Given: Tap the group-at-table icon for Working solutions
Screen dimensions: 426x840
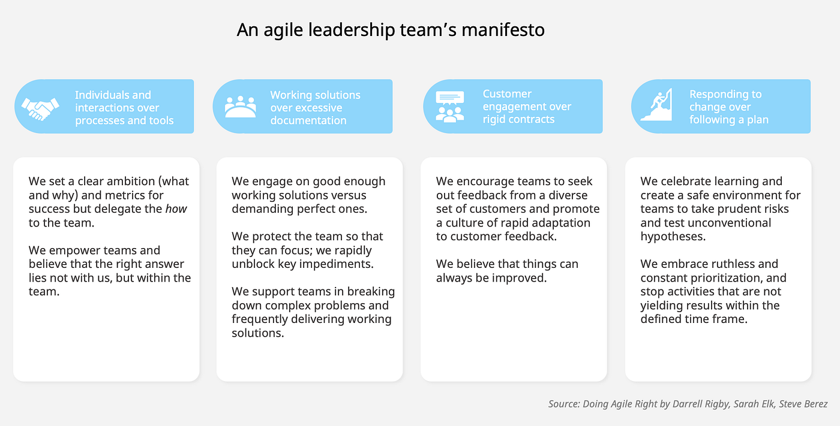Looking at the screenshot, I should pyautogui.click(x=240, y=107).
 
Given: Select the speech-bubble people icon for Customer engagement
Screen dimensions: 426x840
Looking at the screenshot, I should pyautogui.click(x=450, y=107).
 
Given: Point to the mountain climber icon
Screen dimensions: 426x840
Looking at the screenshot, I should pyautogui.click(x=656, y=105).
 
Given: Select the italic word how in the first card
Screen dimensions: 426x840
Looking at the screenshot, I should pyautogui.click(x=176, y=209).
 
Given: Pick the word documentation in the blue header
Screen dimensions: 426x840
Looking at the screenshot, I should pyautogui.click(x=308, y=120).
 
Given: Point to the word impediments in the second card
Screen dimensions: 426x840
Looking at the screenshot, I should pyautogui.click(x=336, y=264).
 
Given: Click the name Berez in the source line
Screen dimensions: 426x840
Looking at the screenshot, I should pyautogui.click(x=814, y=404).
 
